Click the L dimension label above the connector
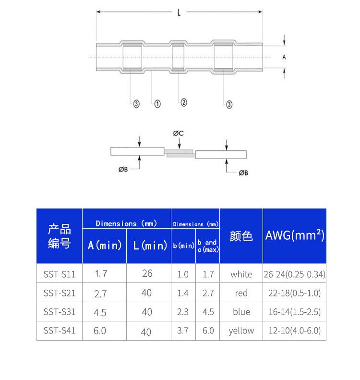(x=179, y=13)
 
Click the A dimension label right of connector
(x=284, y=57)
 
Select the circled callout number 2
(x=183, y=102)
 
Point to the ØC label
(x=178, y=133)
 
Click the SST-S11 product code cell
(x=59, y=274)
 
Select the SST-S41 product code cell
(x=59, y=331)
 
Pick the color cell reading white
(x=241, y=274)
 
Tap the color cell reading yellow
(x=241, y=331)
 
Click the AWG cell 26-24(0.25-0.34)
(x=294, y=274)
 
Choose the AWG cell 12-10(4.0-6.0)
(x=294, y=331)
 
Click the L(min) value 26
(x=147, y=273)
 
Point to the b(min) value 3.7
(x=183, y=331)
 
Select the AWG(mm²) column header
(x=294, y=236)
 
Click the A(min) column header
(x=105, y=245)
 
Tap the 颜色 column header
(x=241, y=236)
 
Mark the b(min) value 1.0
(x=183, y=274)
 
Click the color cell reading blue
(x=241, y=312)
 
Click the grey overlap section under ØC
(x=180, y=153)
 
